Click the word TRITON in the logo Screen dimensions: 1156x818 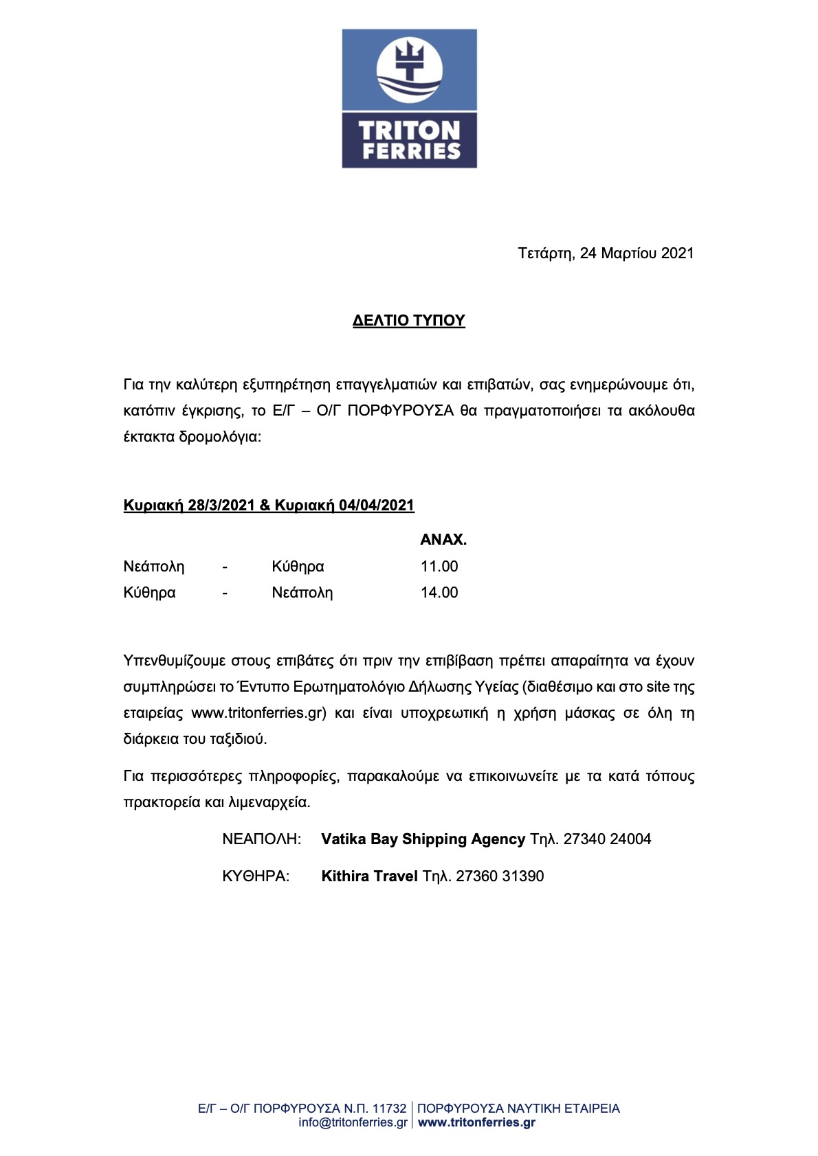click(409, 130)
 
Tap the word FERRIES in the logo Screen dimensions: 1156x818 click(410, 151)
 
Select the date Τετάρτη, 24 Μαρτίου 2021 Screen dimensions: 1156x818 click(606, 253)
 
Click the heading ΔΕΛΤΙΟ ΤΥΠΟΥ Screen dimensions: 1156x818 click(409, 321)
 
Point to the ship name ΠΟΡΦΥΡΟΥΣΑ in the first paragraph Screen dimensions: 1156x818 click(400, 411)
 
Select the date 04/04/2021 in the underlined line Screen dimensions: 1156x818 click(376, 506)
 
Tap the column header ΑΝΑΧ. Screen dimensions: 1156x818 click(443, 540)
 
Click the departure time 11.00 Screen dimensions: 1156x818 click(439, 567)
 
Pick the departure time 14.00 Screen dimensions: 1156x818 click(439, 593)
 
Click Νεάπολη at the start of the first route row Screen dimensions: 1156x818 click(154, 567)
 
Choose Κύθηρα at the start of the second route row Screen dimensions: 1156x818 click(149, 593)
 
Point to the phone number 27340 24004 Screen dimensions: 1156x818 click(607, 839)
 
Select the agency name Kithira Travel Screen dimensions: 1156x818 click(369, 876)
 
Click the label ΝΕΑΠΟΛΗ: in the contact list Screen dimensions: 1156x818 click(261, 839)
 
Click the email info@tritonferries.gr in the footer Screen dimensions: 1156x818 click(353, 1122)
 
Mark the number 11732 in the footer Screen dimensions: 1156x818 click(389, 1108)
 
